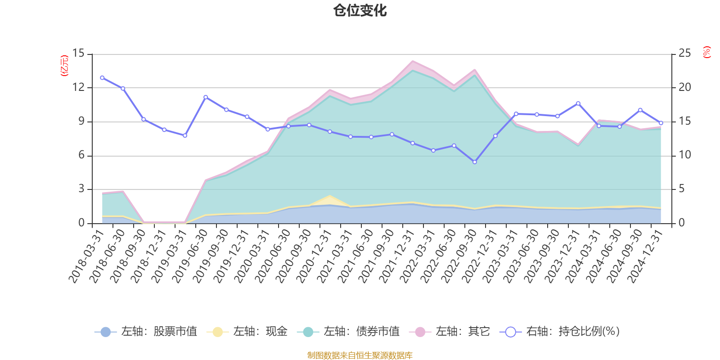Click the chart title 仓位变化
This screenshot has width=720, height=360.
360,10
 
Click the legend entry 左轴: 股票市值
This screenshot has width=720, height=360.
146,332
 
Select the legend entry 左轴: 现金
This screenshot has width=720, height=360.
247,332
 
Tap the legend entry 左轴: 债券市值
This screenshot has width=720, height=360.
348,332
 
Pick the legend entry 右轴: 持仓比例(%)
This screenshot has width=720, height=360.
560,332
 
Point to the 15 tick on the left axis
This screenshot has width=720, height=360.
79,54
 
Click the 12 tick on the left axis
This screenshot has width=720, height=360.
79,87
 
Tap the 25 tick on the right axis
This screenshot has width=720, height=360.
684,54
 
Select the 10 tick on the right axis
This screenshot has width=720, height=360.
684,155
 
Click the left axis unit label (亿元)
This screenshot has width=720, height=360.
64,66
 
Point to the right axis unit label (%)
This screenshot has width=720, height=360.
707,52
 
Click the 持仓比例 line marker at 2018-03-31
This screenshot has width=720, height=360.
102,78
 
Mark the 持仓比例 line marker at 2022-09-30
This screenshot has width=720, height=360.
475,162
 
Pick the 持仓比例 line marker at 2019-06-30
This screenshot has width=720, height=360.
206,97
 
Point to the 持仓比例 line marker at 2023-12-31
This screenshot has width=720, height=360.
578,103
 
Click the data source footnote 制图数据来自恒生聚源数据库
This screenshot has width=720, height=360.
360,355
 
